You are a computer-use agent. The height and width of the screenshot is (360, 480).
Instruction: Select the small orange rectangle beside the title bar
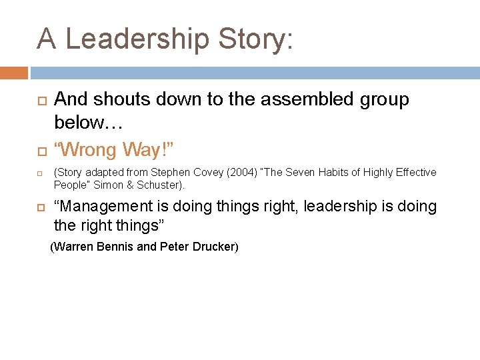[13, 73]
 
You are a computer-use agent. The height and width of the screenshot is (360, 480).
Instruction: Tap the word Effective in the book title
[415, 173]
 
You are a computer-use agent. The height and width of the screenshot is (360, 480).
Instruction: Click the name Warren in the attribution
[75, 247]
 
